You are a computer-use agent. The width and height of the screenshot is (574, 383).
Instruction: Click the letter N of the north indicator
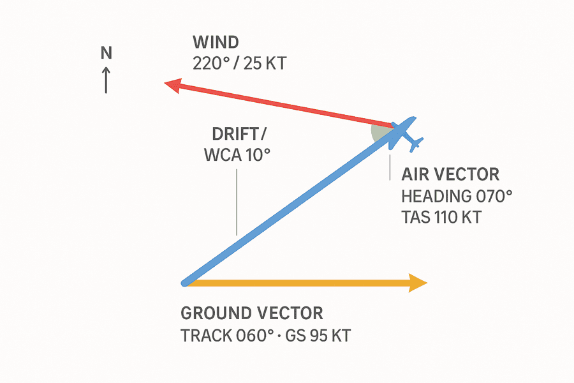[x=106, y=53]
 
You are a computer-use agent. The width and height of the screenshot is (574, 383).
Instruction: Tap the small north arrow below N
[x=106, y=80]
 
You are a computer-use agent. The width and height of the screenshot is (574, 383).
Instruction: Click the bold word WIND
[x=216, y=43]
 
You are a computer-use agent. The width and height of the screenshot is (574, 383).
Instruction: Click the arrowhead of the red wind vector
[x=173, y=85]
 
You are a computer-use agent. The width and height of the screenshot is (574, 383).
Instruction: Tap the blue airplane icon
[x=405, y=134]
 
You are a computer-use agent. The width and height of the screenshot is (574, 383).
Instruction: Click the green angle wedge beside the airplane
[x=379, y=133]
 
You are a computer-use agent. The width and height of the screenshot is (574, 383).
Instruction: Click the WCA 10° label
[x=237, y=155]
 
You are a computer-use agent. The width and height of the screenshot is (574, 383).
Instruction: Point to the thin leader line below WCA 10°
[x=237, y=202]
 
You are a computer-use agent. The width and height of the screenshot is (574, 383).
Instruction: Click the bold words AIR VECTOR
[x=450, y=174]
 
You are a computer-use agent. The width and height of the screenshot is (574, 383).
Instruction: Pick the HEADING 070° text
[x=457, y=197]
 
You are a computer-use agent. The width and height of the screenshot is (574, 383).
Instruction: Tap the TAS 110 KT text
[x=441, y=217]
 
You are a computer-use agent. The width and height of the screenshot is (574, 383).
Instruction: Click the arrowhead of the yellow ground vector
[x=418, y=283]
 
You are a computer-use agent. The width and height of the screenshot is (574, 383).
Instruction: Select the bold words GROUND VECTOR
[x=252, y=313]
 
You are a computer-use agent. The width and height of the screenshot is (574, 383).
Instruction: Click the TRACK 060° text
[x=227, y=336]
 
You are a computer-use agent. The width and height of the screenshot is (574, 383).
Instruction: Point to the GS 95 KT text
[x=318, y=336]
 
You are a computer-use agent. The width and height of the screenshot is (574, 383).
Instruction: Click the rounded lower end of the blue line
[x=185, y=283]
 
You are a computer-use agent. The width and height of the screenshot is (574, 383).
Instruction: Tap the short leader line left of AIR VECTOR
[x=390, y=167]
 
